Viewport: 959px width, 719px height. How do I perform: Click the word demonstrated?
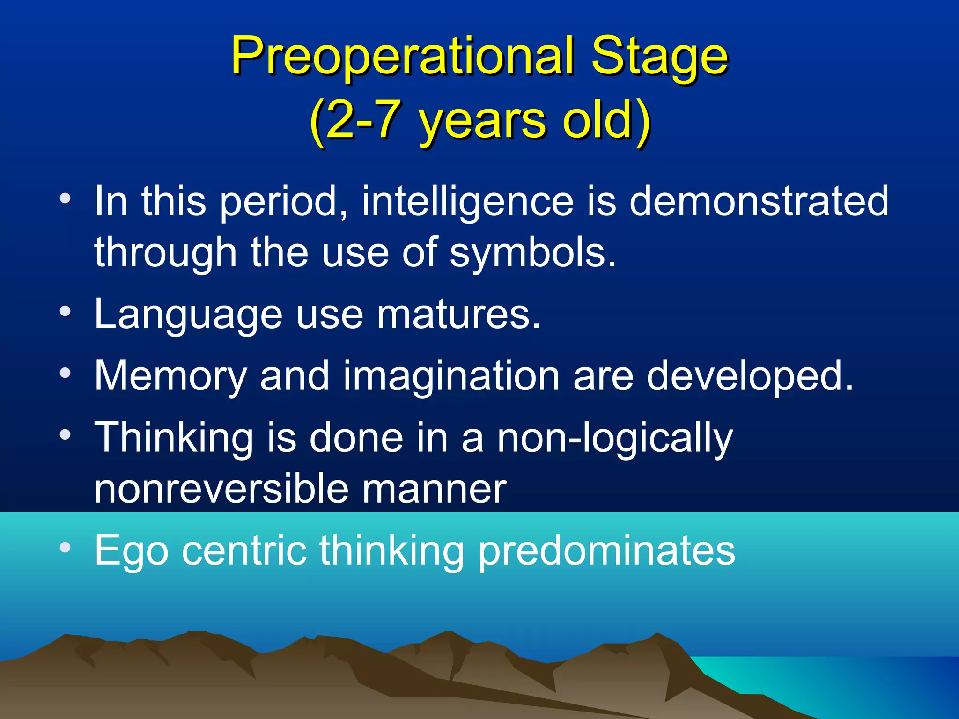coord(759,201)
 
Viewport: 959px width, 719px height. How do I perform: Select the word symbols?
coord(532,253)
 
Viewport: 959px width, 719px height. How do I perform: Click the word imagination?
coord(451,376)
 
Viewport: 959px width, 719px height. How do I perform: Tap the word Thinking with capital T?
coord(174,438)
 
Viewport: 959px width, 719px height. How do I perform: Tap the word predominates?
coord(607,551)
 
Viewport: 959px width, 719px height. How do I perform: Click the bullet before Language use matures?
coord(66,311)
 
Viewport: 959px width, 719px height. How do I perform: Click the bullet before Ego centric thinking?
coord(66,547)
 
